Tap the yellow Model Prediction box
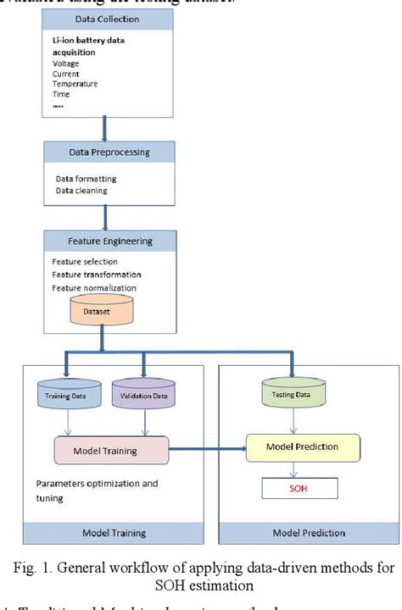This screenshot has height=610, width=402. click(303, 446)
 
